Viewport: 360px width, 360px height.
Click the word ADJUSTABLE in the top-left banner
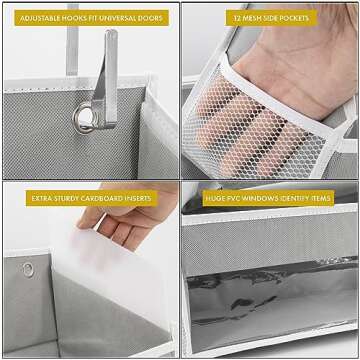[x=37, y=18]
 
